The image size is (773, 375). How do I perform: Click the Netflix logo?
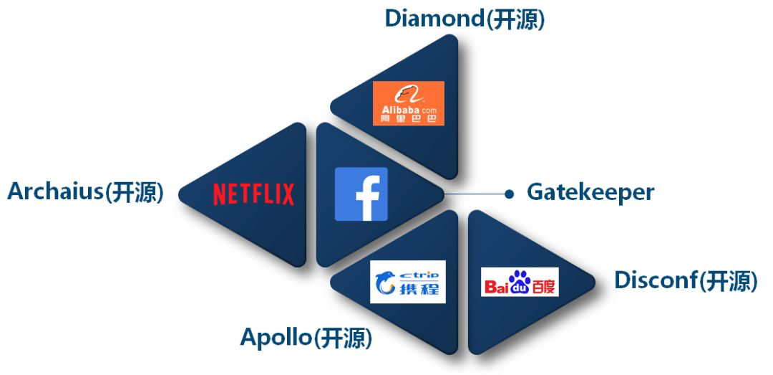coord(253,194)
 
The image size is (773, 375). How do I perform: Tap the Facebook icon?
coord(361,194)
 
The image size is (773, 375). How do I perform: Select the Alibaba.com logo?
coord(409,103)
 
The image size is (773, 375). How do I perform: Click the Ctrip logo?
coord(408,282)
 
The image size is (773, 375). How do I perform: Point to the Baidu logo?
coord(520,283)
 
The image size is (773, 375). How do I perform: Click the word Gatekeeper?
coord(590,192)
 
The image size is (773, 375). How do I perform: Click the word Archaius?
coord(56,192)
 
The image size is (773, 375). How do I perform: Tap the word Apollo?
coord(276,336)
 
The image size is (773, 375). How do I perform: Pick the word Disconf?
coord(656,280)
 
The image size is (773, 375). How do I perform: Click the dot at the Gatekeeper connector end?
coord(509,194)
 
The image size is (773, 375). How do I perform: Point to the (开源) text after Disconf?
coord(728,281)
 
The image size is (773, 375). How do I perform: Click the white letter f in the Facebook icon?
coord(365,196)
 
